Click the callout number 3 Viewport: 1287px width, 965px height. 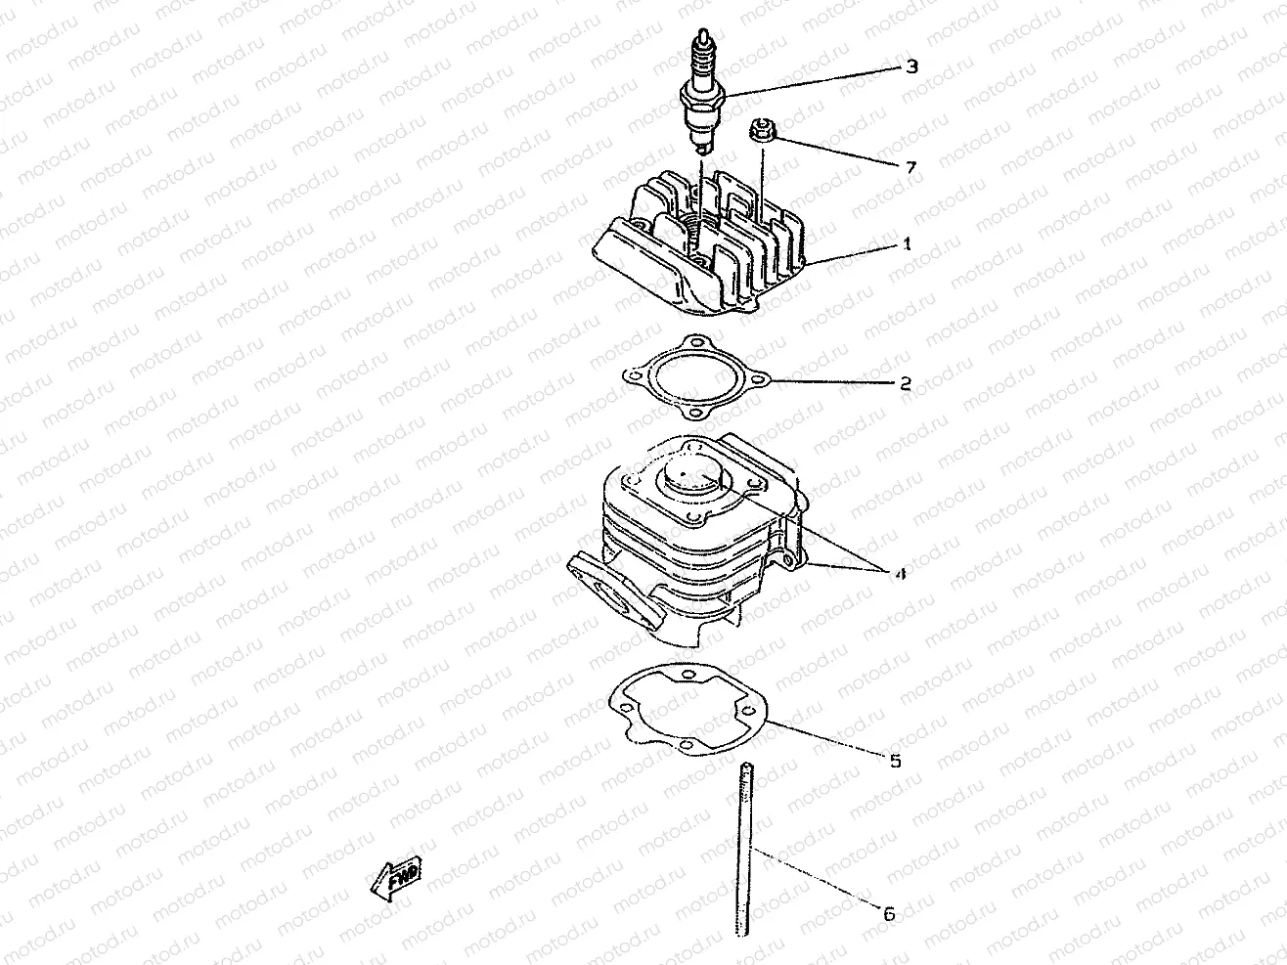[911, 67]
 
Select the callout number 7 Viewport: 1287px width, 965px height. [910, 168]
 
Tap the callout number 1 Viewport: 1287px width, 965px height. [907, 244]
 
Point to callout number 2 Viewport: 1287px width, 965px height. [906, 383]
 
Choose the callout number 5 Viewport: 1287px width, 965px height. [895, 760]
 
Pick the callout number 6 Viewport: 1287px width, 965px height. [888, 915]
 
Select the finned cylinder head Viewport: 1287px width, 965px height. [699, 249]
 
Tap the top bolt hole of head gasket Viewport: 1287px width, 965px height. [695, 341]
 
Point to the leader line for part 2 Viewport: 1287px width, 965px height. [831, 381]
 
